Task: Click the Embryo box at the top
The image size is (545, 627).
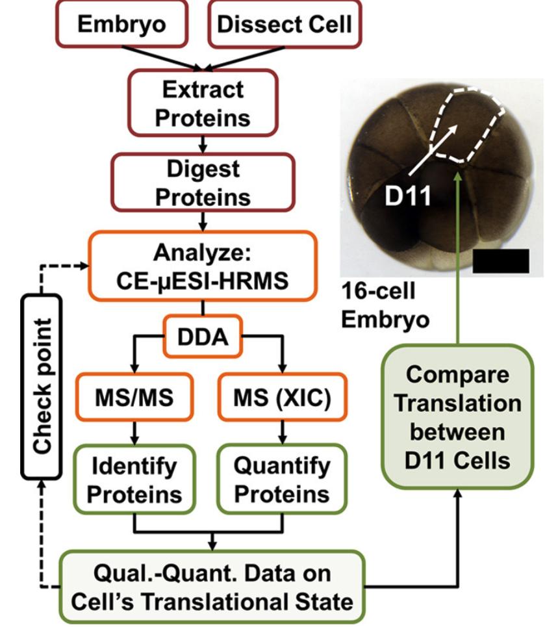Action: pyautogui.click(x=121, y=25)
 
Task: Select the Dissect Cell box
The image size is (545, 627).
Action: pyautogui.click(x=284, y=25)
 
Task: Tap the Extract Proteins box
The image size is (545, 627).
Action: pyautogui.click(x=203, y=103)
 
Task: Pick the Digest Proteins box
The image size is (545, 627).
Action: pyautogui.click(x=203, y=183)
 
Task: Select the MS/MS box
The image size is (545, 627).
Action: pyautogui.click(x=134, y=398)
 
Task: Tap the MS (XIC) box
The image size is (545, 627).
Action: pyautogui.click(x=282, y=398)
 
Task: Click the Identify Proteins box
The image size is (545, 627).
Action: pyautogui.click(x=134, y=480)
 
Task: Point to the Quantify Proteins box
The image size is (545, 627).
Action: pyautogui.click(x=282, y=480)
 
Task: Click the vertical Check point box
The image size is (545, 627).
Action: pyautogui.click(x=43, y=386)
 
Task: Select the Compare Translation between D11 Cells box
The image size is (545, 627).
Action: pyautogui.click(x=459, y=416)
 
